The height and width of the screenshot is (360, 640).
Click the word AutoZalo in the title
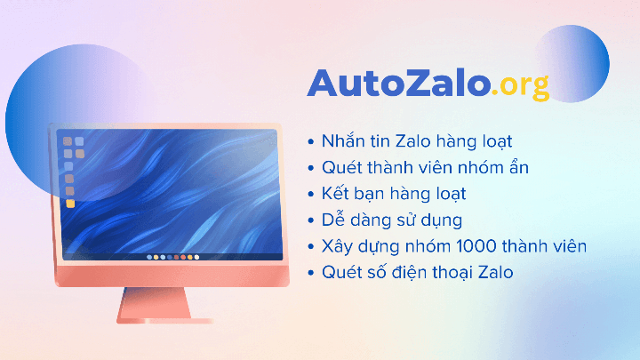(399, 83)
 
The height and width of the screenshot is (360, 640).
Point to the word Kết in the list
(339, 193)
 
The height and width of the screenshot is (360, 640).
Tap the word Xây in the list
(340, 245)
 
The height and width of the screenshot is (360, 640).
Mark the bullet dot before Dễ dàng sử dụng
(310, 220)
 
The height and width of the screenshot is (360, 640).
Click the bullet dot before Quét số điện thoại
(310, 273)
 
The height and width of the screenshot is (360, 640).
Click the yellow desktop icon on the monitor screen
(69, 204)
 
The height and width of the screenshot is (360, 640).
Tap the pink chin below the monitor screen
(169, 276)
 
